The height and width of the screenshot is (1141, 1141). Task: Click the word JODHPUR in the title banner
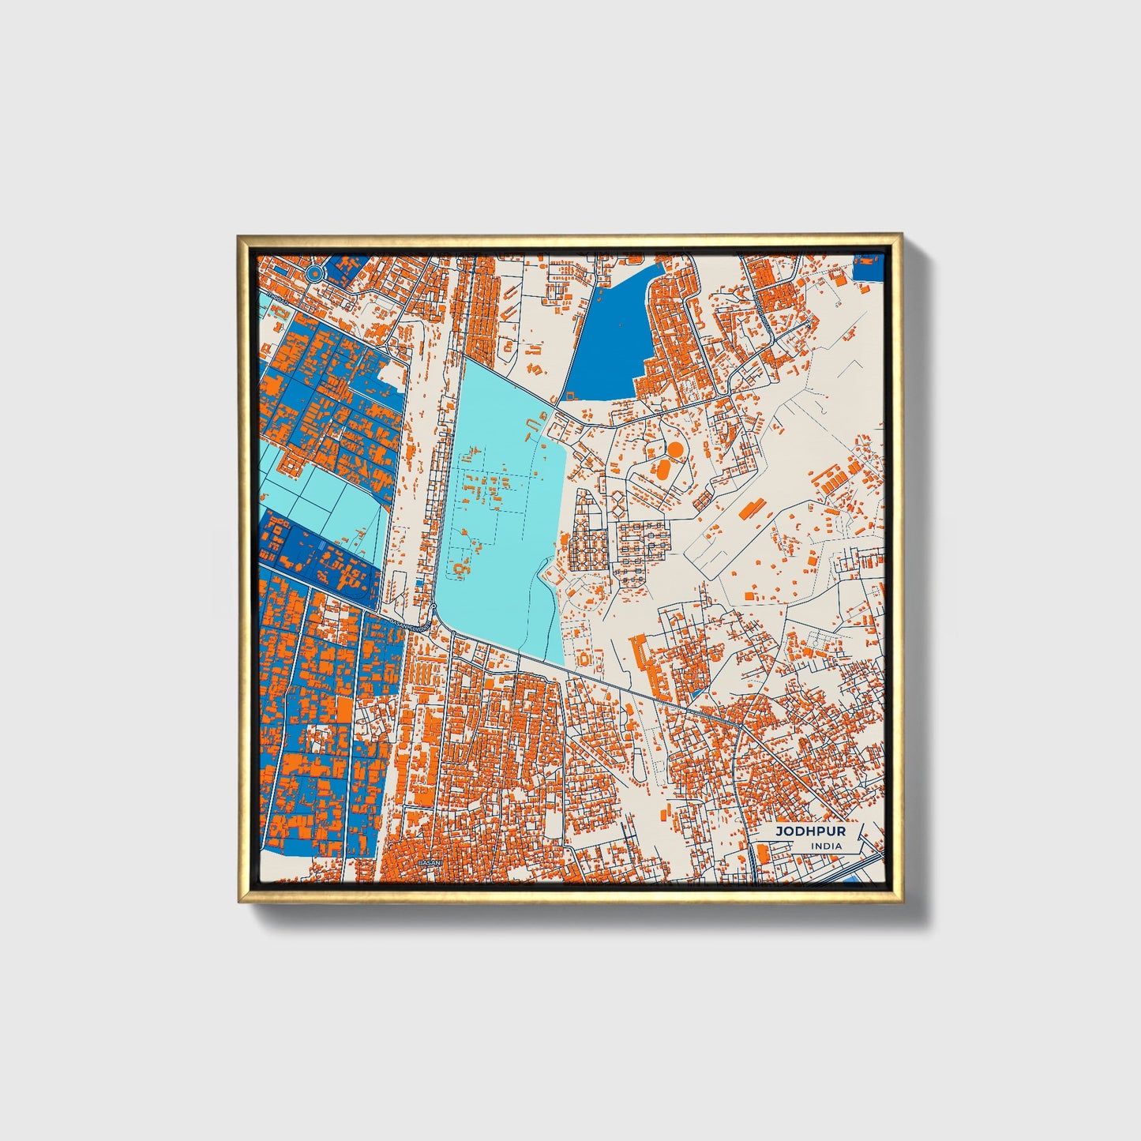[799, 831]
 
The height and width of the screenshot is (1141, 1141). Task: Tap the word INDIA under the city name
[826, 846]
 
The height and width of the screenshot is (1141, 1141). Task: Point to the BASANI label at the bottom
[429, 862]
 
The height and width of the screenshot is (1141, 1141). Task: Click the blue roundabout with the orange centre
[314, 274]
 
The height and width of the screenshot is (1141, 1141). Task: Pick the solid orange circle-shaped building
[675, 449]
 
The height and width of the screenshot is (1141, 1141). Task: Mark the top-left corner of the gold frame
[238, 235]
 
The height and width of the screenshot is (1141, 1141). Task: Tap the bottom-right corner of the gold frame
[901, 901]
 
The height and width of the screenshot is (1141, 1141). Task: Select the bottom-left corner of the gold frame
[239, 901]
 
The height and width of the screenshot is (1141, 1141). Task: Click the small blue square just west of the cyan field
[418, 583]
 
